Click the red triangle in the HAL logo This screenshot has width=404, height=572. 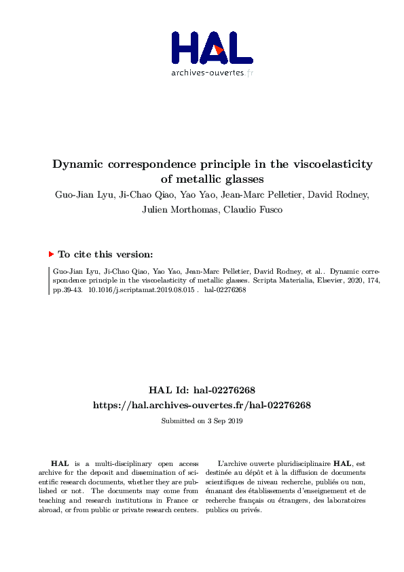(x=217, y=50)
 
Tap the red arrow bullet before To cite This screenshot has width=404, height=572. (x=51, y=254)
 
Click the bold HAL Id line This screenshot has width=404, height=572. (x=202, y=391)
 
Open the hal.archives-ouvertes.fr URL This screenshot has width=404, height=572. (x=202, y=405)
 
